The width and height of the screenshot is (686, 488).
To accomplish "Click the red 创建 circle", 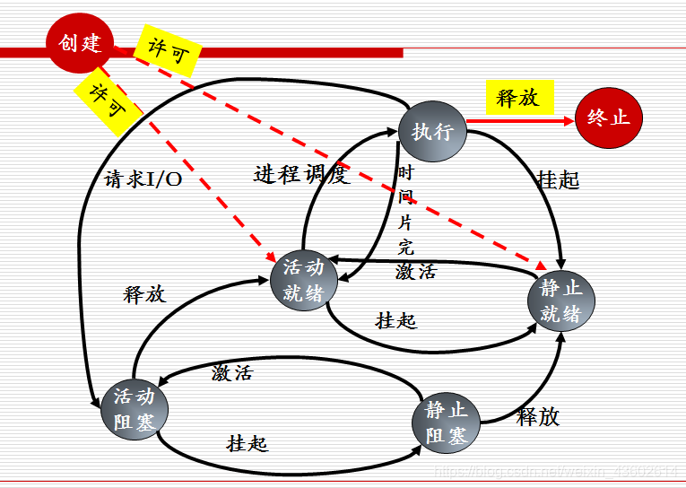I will (80, 41).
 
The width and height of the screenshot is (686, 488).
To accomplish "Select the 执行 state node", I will (432, 131).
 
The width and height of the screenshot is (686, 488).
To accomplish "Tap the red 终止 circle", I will (609, 117).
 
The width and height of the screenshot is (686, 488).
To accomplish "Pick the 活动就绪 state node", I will (304, 280).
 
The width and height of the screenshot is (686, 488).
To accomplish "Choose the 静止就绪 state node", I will (560, 300).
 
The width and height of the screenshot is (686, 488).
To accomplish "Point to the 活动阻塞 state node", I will (135, 409).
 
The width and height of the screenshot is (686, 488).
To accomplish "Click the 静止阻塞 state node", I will (446, 423).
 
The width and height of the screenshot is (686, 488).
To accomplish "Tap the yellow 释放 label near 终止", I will (517, 97).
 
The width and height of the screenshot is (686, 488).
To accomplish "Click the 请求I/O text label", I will (143, 179).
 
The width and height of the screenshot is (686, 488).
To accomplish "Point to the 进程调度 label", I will (300, 175).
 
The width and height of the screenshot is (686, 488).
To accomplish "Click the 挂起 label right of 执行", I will (558, 179).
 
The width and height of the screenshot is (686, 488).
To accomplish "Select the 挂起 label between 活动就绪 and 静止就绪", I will (396, 319).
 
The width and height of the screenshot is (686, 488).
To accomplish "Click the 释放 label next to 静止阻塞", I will (538, 416).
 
